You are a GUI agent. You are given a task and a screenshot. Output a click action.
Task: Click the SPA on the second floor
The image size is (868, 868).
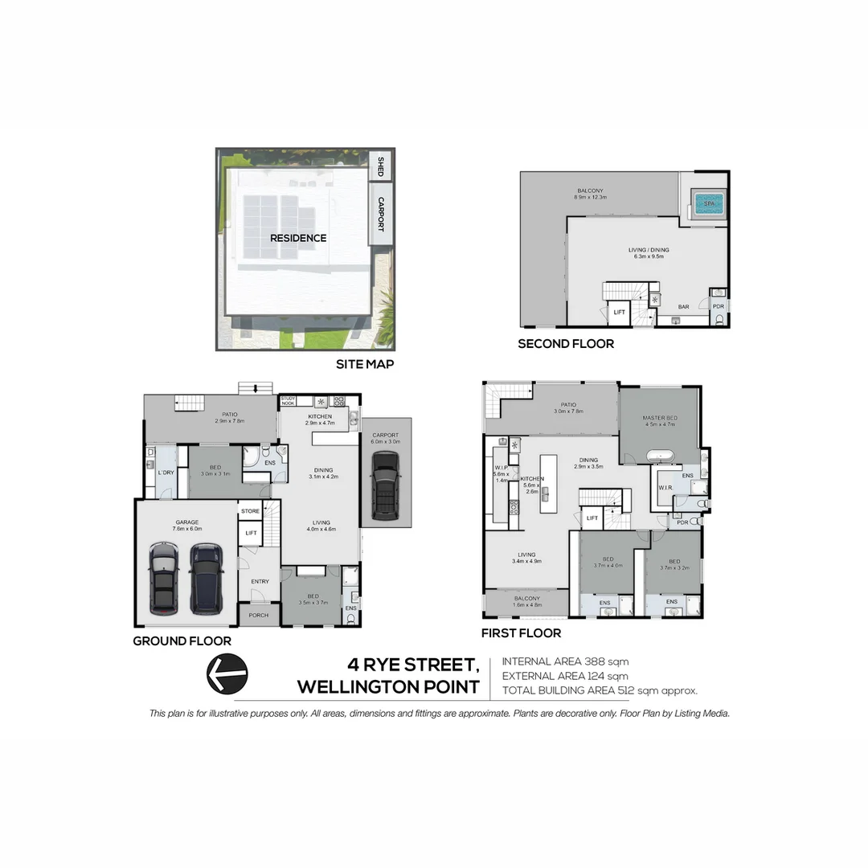[x=708, y=204]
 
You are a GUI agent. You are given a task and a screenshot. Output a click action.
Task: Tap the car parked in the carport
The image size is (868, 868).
[x=386, y=486]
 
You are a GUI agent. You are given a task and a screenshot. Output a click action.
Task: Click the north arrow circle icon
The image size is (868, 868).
[x=227, y=673]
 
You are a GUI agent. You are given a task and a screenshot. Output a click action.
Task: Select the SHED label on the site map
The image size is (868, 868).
[x=380, y=167]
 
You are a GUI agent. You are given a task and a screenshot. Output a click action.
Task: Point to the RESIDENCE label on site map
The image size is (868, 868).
[x=298, y=238]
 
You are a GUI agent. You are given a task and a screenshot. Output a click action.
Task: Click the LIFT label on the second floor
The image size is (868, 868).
[x=619, y=312]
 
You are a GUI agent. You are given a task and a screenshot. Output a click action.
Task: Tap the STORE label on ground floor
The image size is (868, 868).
[x=250, y=510]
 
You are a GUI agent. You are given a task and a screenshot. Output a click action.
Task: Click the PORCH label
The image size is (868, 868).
[x=259, y=616]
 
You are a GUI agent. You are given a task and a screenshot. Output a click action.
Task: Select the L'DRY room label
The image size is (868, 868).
[x=166, y=473]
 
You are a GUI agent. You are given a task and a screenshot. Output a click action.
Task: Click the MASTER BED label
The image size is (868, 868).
[x=659, y=419]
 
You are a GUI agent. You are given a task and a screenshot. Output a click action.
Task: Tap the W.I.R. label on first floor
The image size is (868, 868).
[x=665, y=487]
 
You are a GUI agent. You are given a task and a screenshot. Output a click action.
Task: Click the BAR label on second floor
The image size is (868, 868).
[x=683, y=307]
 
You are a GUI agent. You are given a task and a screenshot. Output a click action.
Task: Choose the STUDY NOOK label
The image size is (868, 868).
[x=288, y=400]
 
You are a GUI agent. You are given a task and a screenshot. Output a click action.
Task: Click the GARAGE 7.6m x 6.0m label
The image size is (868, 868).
[x=186, y=526]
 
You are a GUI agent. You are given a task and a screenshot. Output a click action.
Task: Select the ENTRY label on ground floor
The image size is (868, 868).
[x=260, y=581]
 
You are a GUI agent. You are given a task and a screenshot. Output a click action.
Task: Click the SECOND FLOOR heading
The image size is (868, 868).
[x=565, y=344]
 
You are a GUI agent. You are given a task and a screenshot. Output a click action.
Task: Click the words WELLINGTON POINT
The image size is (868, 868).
[x=388, y=687]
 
